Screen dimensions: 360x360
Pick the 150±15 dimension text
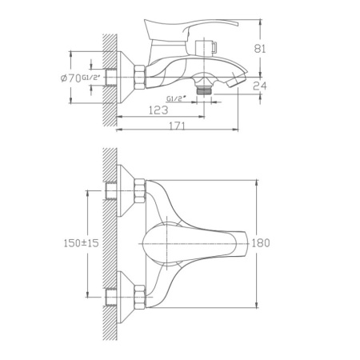coord(79,243)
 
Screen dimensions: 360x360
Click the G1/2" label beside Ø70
coord(93,77)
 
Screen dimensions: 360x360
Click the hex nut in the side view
coord(138,78)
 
